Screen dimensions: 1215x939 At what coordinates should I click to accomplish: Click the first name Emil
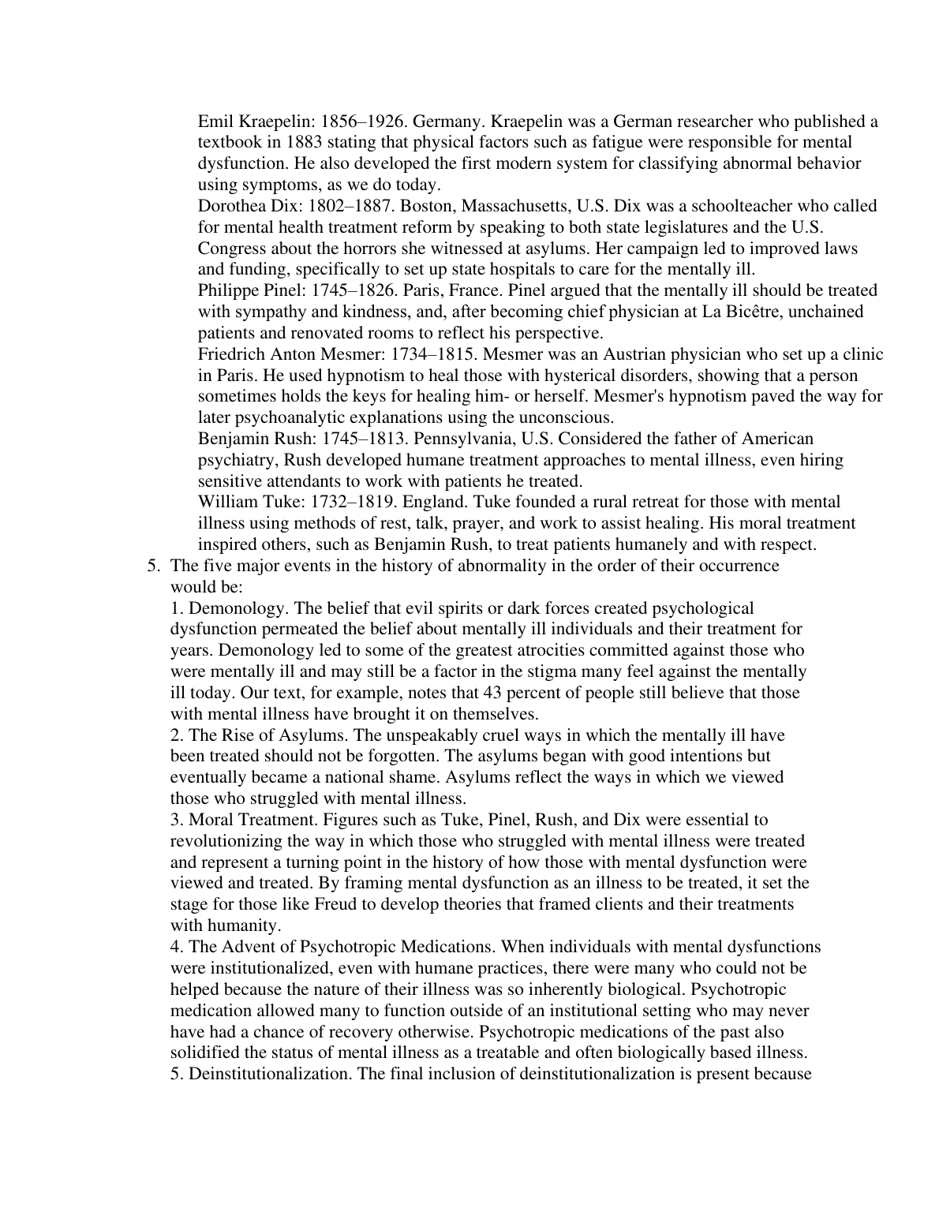[215, 121]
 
